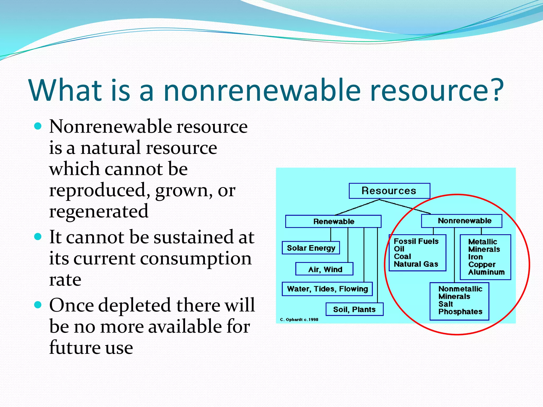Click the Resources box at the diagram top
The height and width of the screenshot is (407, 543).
[x=389, y=191]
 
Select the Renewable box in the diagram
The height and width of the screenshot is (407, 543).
[x=333, y=222]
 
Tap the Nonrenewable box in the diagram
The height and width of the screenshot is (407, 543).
[x=462, y=221]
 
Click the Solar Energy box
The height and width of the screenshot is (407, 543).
[x=311, y=248]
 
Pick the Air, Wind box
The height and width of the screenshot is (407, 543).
[x=325, y=269]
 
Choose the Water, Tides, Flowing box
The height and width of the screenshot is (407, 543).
[x=327, y=289]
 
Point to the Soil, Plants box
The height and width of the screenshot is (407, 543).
[x=354, y=309]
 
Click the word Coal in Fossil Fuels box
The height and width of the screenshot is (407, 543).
[x=402, y=256]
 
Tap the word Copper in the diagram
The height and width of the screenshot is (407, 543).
[x=481, y=264]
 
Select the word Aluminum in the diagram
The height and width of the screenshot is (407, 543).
[x=486, y=272]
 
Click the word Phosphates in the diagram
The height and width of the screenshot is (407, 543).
[x=460, y=312]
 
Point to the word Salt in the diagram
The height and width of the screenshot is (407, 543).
[x=445, y=304]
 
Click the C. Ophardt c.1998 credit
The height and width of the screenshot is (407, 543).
[x=299, y=320]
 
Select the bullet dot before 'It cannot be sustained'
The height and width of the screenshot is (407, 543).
[x=38, y=236]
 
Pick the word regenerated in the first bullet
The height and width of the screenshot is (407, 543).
[x=99, y=211]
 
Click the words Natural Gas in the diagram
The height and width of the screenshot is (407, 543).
[x=416, y=264]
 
